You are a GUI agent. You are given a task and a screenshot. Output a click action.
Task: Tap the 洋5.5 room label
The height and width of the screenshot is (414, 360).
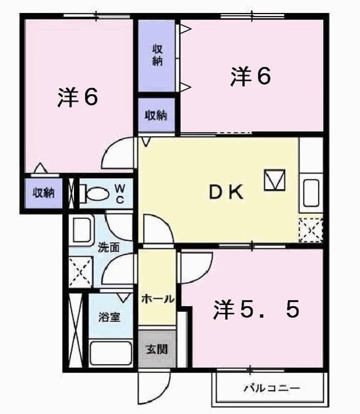[x=256, y=309]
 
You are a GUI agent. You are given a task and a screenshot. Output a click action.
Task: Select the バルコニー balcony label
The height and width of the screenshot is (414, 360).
[x=271, y=389]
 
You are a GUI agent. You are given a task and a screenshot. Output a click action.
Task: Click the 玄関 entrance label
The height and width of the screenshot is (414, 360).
[x=157, y=348]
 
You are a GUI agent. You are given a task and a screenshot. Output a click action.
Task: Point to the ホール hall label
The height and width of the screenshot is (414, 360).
[x=158, y=299]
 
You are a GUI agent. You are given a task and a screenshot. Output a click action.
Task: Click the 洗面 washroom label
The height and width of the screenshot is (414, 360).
[x=108, y=247]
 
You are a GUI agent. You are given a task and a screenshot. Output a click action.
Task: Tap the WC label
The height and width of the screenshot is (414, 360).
[x=120, y=193]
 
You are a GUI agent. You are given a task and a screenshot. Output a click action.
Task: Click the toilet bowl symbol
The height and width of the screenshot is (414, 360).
[x=96, y=193]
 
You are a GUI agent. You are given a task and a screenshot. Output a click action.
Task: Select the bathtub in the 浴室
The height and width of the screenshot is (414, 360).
[x=111, y=354]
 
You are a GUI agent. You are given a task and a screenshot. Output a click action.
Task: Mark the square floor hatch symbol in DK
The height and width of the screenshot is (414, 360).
[x=274, y=179]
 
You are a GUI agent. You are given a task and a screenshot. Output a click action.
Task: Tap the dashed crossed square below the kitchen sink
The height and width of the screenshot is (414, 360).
[x=310, y=230]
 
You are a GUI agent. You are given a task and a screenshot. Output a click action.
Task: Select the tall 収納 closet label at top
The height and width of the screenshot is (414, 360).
[x=157, y=55]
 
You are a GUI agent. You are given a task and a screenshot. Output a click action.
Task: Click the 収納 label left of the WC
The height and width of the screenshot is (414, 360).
[x=43, y=193]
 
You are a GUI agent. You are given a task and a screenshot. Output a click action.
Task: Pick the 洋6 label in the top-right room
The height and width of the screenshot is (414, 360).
[x=251, y=78]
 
